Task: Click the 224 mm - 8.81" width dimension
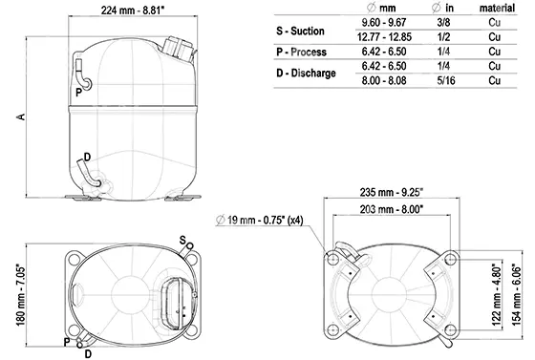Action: [133, 10]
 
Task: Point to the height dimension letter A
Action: [21, 116]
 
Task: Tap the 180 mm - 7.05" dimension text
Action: [21, 295]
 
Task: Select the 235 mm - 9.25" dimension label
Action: [392, 192]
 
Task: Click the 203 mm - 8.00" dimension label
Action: [392, 209]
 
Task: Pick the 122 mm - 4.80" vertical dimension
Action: [498, 294]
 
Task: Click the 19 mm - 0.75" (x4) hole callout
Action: [260, 220]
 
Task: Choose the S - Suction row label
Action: [300, 31]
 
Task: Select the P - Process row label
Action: [301, 52]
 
